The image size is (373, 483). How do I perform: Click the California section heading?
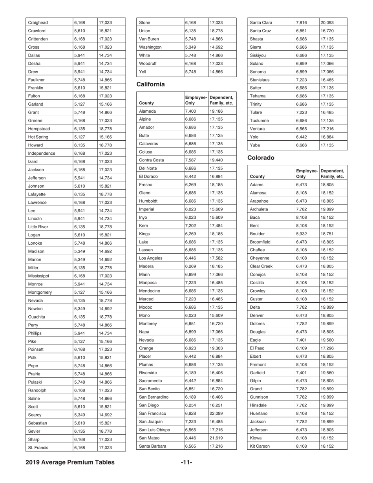click(x=150, y=84)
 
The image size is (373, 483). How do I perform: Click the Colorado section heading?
click(x=261, y=158)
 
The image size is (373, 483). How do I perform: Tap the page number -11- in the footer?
click(x=186, y=462)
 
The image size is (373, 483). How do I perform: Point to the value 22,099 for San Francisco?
click(x=216, y=413)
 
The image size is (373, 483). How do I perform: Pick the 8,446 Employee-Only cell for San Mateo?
click(x=191, y=438)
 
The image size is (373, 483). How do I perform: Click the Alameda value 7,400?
click(x=191, y=112)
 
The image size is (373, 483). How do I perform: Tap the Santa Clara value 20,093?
click(x=327, y=22)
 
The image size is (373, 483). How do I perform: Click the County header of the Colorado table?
click(x=257, y=177)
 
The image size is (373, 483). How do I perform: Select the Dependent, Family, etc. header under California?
click(x=222, y=100)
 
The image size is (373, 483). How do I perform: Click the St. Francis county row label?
click(x=37, y=447)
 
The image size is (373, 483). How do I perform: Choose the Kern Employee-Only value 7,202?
click(x=191, y=225)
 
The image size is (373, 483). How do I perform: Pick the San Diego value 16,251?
click(x=216, y=405)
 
